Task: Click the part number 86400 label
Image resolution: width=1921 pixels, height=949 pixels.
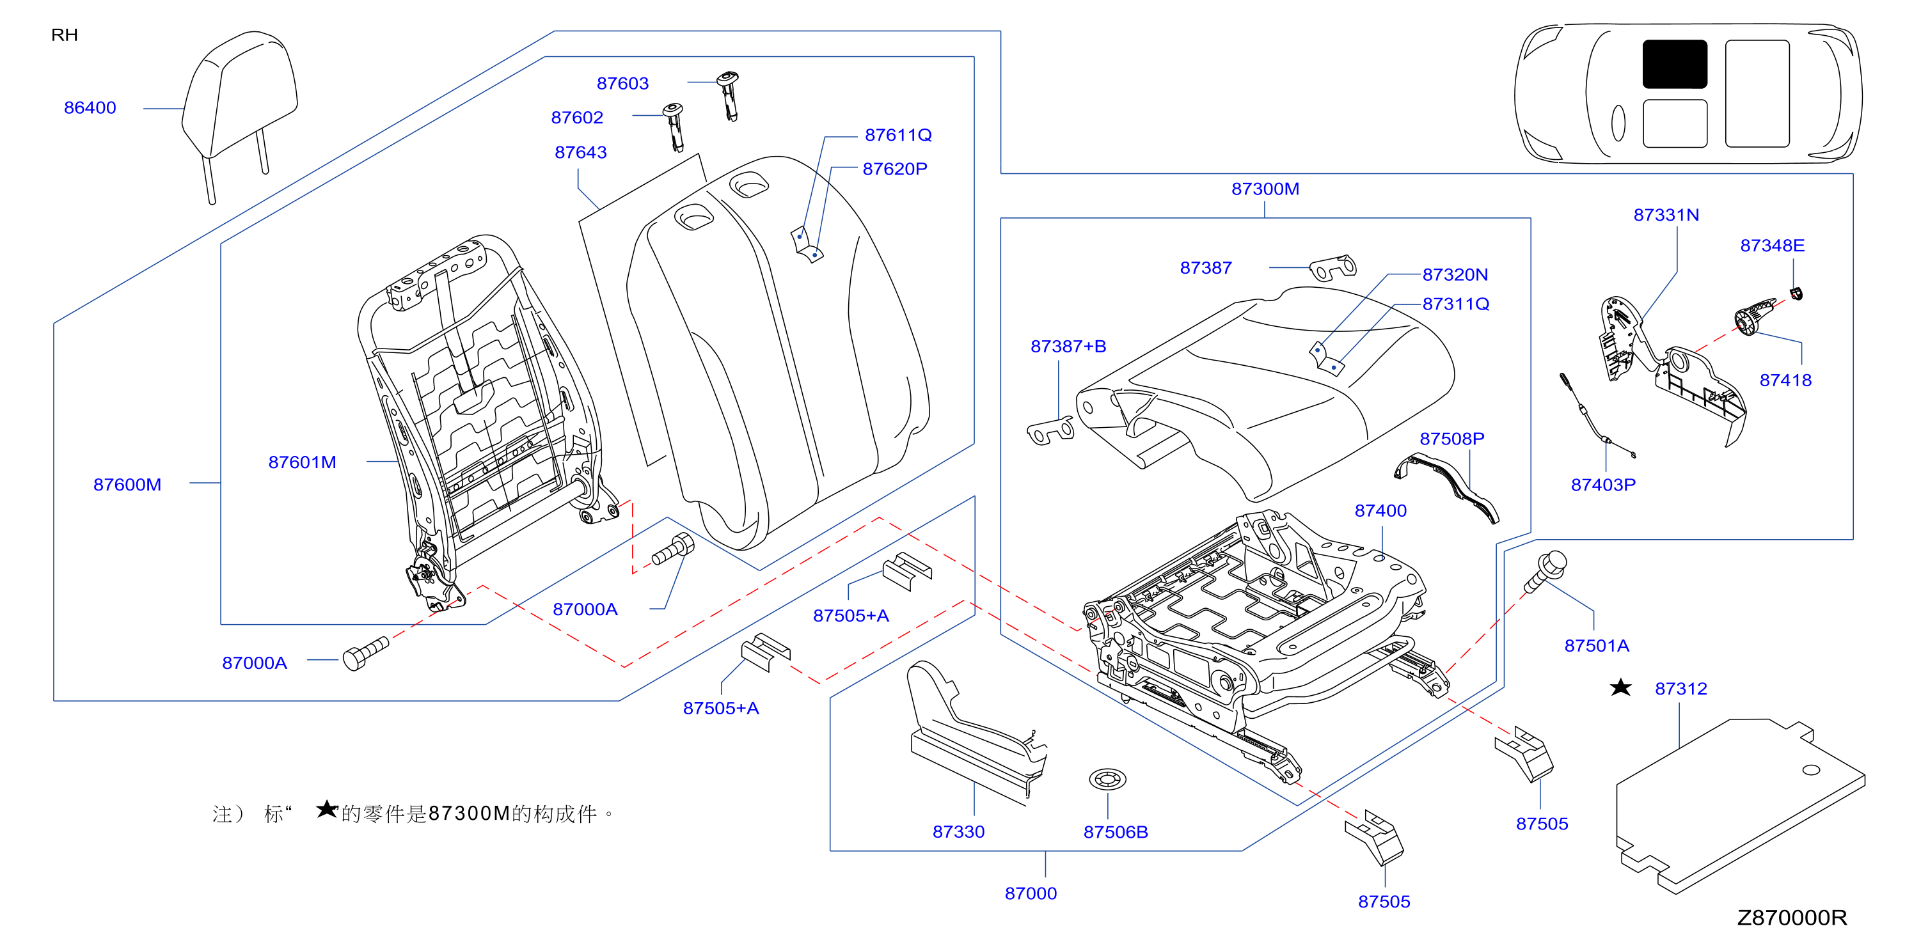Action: pos(90,107)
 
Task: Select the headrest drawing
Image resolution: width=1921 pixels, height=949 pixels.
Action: pos(239,112)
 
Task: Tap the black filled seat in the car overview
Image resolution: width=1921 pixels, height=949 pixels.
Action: pos(1674,64)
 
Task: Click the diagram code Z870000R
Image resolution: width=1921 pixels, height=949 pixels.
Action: pos(1791,917)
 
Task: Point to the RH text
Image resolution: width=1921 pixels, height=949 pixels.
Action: pos(64,35)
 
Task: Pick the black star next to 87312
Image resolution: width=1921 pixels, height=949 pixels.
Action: pos(1620,687)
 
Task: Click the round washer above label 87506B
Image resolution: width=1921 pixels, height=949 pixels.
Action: pos(1107,780)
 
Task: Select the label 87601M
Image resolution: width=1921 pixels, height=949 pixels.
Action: pos(302,462)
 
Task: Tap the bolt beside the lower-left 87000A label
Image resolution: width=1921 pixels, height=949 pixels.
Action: pos(365,654)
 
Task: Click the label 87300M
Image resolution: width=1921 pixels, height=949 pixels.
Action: pos(1265,189)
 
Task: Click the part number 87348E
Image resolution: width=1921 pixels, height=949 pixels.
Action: pos(1772,246)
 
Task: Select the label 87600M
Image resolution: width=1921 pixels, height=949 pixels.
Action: pos(127,485)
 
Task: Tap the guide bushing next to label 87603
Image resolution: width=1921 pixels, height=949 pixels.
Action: pos(728,95)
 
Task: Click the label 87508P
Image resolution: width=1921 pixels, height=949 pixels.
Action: pos(1451,438)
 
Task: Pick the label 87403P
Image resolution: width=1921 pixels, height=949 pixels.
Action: pos(1603,485)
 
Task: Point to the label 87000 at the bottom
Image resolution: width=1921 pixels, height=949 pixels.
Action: pos(1031,893)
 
